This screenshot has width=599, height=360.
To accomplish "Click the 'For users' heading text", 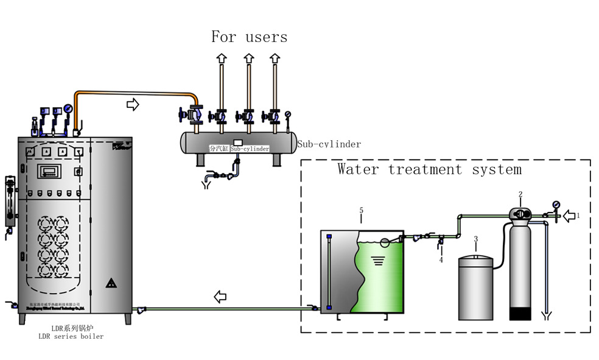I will (x=249, y=37).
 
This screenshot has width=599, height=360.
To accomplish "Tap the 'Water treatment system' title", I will (x=430, y=169).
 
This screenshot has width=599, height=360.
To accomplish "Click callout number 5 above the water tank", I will (x=362, y=211).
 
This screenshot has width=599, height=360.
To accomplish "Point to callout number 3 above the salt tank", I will (x=475, y=239).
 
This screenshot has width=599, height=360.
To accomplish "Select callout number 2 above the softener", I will (x=520, y=194).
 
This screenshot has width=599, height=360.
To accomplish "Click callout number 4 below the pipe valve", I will (x=441, y=260).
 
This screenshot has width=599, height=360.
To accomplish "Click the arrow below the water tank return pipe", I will (x=220, y=297).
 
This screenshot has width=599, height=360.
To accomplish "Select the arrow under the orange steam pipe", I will (x=132, y=105).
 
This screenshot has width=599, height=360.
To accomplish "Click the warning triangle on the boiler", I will (x=111, y=283).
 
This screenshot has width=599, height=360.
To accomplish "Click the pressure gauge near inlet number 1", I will (x=555, y=205).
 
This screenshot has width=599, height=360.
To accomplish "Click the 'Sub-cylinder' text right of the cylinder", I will (x=329, y=144).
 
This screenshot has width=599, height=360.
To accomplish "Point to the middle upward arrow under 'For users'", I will (x=248, y=58).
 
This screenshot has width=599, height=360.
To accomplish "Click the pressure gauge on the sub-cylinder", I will (x=287, y=113).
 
